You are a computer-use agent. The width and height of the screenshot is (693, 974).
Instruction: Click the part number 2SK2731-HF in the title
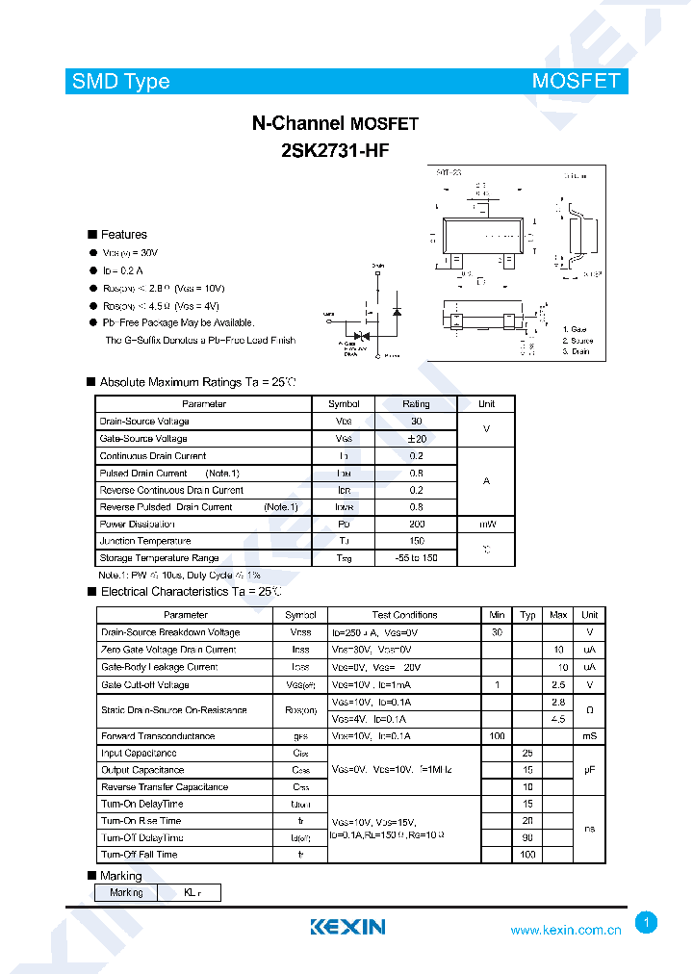(x=335, y=150)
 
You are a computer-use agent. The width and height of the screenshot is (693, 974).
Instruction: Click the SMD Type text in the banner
(x=120, y=81)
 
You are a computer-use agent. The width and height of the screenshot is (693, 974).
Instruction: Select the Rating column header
(x=416, y=404)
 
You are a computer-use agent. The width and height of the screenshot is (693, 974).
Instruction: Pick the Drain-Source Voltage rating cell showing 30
(x=416, y=422)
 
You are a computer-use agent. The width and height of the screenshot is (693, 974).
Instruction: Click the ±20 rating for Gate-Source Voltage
(x=416, y=439)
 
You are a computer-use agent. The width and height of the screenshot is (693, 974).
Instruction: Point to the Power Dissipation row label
(x=138, y=525)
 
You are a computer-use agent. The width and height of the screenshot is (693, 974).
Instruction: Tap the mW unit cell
(x=487, y=525)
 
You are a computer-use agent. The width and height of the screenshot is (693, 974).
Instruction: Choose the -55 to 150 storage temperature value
(x=416, y=558)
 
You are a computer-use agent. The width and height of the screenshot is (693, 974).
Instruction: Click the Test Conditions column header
(x=404, y=615)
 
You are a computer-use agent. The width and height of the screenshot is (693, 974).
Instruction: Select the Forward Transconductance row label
(x=158, y=736)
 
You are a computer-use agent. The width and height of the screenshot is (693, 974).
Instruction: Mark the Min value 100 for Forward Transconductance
(x=497, y=736)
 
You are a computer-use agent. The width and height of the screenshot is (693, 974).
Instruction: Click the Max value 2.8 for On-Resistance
(x=558, y=703)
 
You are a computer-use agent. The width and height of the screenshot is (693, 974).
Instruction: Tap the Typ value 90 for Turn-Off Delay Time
(x=527, y=837)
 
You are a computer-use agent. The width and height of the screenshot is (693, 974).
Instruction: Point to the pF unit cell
(x=589, y=770)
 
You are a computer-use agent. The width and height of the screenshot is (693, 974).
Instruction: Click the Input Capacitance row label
(x=139, y=754)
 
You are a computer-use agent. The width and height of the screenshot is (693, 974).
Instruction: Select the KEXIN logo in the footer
(x=347, y=927)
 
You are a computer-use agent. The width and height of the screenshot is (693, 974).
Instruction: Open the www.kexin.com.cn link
(x=566, y=930)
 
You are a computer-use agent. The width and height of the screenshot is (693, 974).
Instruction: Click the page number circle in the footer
(x=647, y=923)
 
